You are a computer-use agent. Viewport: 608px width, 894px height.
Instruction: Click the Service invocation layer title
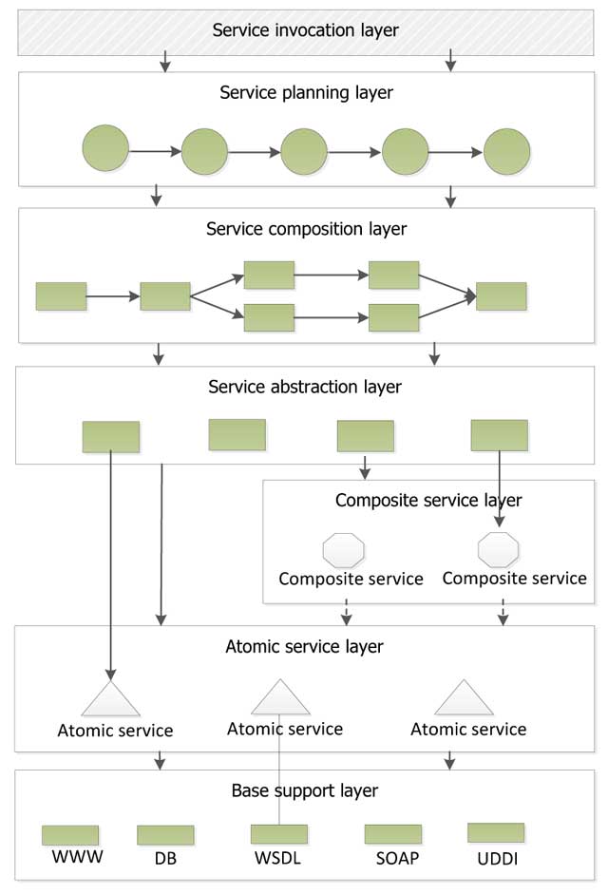(305, 30)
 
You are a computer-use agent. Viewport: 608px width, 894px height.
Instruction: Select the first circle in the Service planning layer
(105, 150)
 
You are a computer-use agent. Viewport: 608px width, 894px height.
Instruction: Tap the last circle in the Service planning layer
(506, 151)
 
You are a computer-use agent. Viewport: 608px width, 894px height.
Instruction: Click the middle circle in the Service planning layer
(304, 151)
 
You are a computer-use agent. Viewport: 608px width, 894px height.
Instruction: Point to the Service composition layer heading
(306, 229)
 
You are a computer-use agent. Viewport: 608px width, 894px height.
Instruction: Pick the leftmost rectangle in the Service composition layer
(61, 296)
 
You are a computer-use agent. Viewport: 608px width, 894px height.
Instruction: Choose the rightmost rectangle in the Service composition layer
(501, 296)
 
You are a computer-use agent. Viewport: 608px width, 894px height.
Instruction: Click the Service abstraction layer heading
(304, 387)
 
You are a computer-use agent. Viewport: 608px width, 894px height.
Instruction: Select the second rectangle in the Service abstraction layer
(237, 434)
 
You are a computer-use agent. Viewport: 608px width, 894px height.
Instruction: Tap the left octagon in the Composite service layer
(344, 550)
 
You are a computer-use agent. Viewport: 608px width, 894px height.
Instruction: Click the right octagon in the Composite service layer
(498, 550)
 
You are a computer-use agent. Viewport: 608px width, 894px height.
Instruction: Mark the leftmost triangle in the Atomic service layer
(111, 699)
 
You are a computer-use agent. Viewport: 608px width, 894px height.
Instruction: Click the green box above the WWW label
(70, 835)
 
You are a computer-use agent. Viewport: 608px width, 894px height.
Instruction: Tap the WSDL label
(278, 859)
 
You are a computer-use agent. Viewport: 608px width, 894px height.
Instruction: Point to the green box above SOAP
(393, 834)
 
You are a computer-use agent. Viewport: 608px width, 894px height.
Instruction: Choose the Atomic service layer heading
(304, 647)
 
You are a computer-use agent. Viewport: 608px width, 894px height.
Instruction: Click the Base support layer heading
(304, 790)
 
